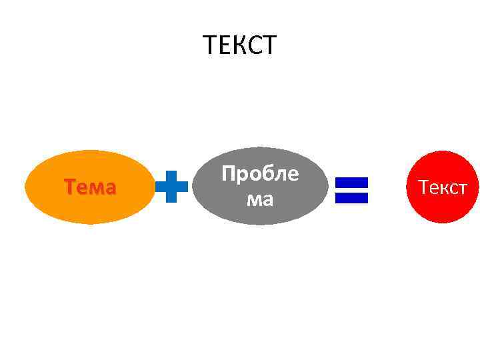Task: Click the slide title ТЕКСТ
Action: pyautogui.click(x=239, y=45)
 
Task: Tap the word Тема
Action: pyautogui.click(x=89, y=187)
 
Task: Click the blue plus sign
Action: pyautogui.click(x=171, y=186)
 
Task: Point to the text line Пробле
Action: pyautogui.click(x=260, y=174)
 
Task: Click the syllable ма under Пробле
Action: pyautogui.click(x=260, y=199)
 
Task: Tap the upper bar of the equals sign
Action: pyautogui.click(x=351, y=182)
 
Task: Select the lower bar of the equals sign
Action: pyautogui.click(x=351, y=197)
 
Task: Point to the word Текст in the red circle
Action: pyautogui.click(x=443, y=187)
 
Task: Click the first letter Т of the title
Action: pyautogui.click(x=209, y=45)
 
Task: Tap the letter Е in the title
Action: pyautogui.click(x=223, y=45)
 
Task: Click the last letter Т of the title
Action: pyautogui.click(x=268, y=45)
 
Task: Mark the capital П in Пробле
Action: pyautogui.click(x=229, y=174)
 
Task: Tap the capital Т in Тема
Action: pyautogui.click(x=69, y=187)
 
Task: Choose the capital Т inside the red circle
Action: pyautogui.click(x=423, y=187)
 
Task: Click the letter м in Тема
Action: pyautogui.click(x=95, y=189)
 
